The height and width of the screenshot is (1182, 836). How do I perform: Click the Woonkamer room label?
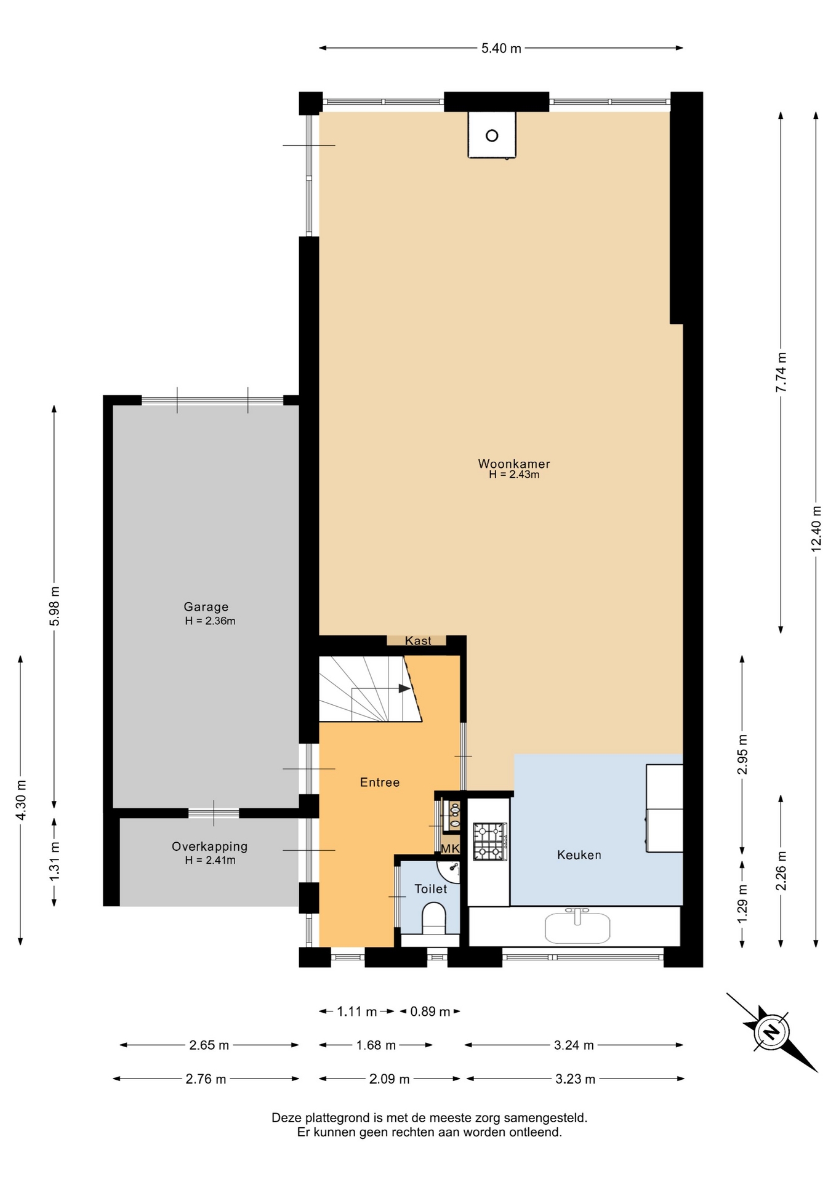514,464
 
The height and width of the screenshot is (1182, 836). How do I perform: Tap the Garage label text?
206,607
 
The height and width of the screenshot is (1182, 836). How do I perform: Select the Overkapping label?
209,846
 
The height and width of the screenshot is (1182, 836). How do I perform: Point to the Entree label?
380,782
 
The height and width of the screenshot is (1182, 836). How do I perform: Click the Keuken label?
579,854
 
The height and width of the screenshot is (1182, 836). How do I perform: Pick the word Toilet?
431,888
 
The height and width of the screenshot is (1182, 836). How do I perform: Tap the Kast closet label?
418,641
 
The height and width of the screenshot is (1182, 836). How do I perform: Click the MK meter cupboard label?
451,848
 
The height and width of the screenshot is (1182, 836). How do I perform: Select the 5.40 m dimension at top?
501,48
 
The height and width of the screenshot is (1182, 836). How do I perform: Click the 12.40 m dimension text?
816,528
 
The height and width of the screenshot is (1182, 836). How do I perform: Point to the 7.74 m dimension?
781,372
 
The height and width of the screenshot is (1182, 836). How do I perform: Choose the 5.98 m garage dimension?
55,606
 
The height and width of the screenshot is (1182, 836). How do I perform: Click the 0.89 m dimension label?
430,1011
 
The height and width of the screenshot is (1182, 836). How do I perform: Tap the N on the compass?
771,1031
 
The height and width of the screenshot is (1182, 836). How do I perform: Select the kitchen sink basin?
577,928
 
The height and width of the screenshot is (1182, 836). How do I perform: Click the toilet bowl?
434,919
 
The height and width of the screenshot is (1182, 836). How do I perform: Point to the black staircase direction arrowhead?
404,688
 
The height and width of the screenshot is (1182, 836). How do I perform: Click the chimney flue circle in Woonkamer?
492,135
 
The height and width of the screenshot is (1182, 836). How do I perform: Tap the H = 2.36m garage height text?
210,621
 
